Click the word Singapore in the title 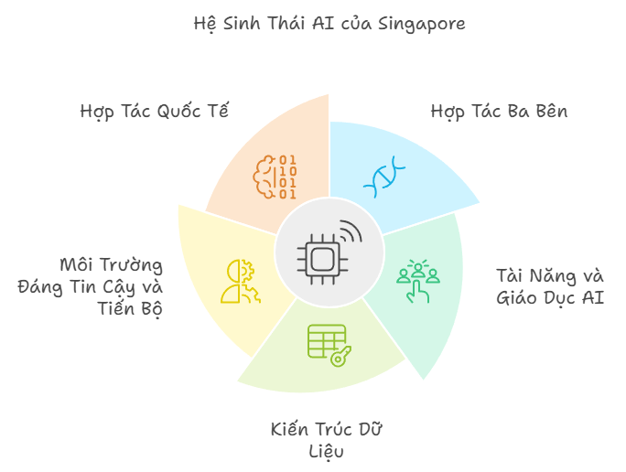coord(422,24)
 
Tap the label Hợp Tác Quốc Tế coord(154,111)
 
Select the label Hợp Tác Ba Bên coord(499,111)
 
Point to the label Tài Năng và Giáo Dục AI coord(550,286)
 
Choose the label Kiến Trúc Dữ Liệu coord(326,441)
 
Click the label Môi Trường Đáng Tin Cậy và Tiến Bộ coord(91,286)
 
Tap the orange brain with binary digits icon coord(275,177)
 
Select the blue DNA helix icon coord(384,177)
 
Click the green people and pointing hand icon coord(417,281)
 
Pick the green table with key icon coord(329,346)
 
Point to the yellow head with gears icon coord(241,282)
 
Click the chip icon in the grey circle coord(322,260)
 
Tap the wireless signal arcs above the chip coord(351,231)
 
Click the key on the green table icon coord(341,357)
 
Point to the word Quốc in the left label coord(178,111)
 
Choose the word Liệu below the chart coord(326,452)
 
